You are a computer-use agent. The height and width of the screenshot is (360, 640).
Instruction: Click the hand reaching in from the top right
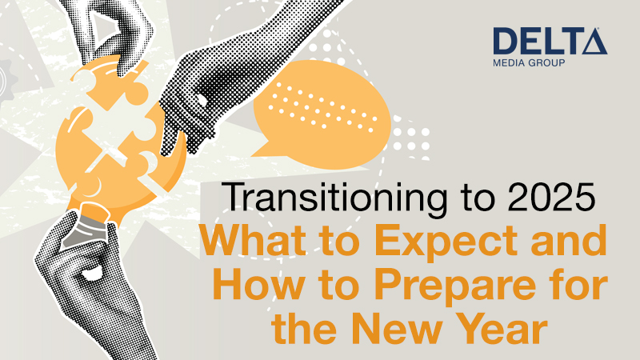click(216, 88)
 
